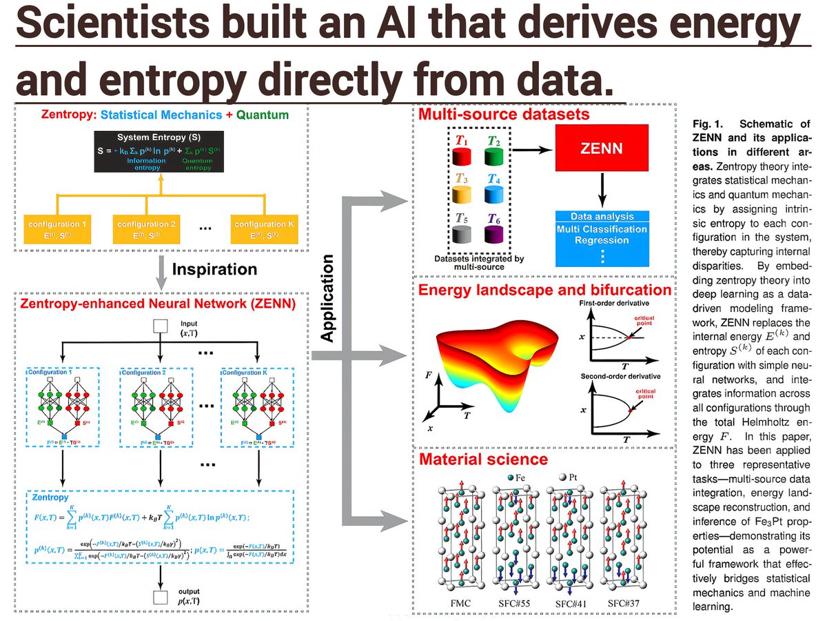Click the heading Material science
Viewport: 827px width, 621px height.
click(x=483, y=459)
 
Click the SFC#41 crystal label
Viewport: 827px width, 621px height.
click(x=571, y=604)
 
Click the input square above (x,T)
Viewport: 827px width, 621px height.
click(x=161, y=325)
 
